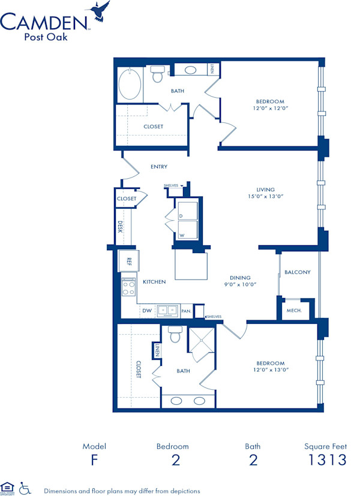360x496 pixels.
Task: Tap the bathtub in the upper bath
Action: coord(129,85)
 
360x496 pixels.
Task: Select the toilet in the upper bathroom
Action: coord(158,74)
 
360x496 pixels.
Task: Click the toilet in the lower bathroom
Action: coord(175,335)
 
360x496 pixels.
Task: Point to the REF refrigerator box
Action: coord(128,260)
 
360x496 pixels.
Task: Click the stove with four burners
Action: coord(128,287)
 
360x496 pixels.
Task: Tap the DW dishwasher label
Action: coord(147,311)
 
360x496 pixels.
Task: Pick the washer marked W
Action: coord(187,231)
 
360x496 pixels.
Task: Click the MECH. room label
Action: coord(294,311)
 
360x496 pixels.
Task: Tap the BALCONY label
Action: coord(298,272)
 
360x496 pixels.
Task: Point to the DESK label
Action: coord(120,227)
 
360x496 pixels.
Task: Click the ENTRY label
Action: coord(159,167)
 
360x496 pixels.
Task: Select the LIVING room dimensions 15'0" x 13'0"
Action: coord(266,196)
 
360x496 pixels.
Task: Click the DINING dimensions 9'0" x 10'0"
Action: coord(239,285)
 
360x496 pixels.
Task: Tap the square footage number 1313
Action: coord(325,460)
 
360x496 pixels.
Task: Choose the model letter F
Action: coord(94,460)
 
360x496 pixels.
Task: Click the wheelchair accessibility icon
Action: coord(25,488)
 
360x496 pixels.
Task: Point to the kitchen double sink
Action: coord(167,310)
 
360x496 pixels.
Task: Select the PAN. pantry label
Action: coord(186,311)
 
